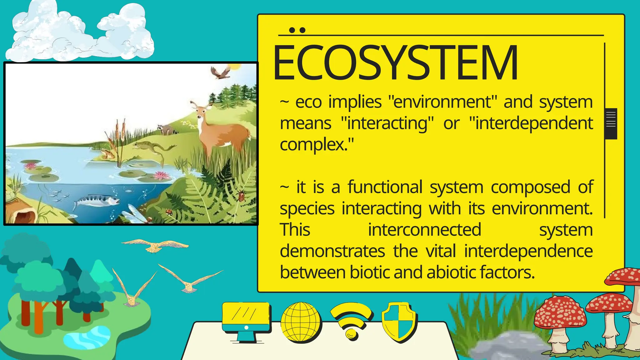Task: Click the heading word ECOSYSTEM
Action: coord(395,62)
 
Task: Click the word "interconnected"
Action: coord(424,230)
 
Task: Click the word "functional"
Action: coord(385,187)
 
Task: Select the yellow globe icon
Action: coord(301,322)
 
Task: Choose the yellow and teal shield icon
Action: coord(399,322)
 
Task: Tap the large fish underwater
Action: coord(97,200)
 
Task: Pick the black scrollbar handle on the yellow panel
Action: coord(611,123)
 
